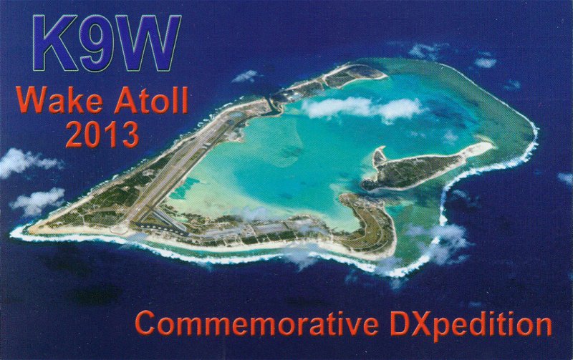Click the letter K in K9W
pos(55,43)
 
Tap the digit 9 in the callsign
pos(97,43)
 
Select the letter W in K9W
pos(148,43)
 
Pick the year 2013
pos(103,134)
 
